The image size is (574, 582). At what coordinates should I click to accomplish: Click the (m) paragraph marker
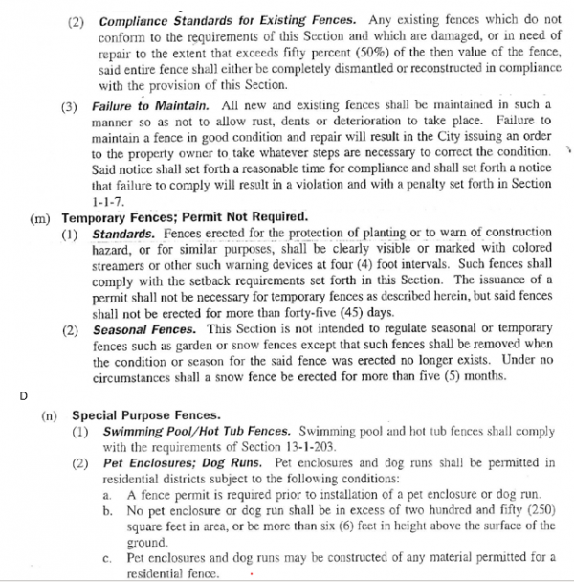pos(41,217)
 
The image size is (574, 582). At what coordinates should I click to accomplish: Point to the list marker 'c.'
pos(106,556)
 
